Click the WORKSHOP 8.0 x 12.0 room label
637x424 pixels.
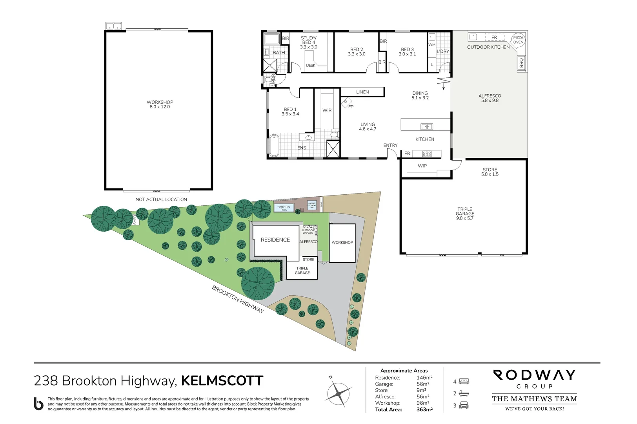click(x=160, y=104)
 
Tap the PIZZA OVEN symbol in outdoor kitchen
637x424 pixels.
click(x=518, y=40)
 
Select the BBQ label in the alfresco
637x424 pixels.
click(x=521, y=63)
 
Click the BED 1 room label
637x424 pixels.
click(x=290, y=111)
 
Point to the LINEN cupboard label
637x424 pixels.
click(x=362, y=92)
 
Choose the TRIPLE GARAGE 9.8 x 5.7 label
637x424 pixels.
click(x=465, y=214)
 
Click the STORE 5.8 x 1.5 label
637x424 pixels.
click(x=490, y=172)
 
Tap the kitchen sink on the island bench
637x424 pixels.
click(x=426, y=126)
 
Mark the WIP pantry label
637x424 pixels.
click(x=422, y=166)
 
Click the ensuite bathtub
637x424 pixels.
click(x=274, y=146)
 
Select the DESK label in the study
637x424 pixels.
click(x=311, y=66)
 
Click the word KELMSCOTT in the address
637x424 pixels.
click(x=222, y=381)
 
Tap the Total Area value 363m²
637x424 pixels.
click(x=424, y=409)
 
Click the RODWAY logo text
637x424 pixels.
click(x=534, y=375)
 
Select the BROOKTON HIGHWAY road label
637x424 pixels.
click(x=238, y=299)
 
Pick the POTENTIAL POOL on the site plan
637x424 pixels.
click(x=284, y=208)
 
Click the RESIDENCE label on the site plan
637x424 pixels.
click(x=275, y=240)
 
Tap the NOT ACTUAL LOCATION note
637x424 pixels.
click(x=161, y=199)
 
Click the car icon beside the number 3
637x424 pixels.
click(x=464, y=406)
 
